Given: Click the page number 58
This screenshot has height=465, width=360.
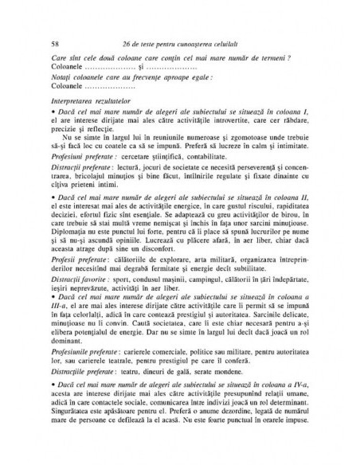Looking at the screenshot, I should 53,41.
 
